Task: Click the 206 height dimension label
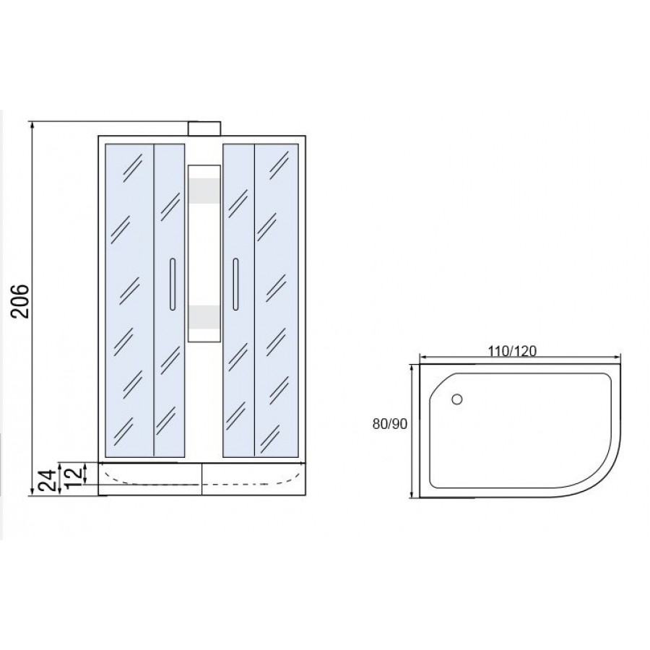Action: (x=21, y=301)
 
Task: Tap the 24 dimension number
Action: (x=48, y=480)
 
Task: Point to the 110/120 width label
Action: (x=512, y=352)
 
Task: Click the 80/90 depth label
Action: (x=390, y=424)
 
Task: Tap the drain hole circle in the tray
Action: (x=457, y=399)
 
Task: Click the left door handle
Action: (x=173, y=284)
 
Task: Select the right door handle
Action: (x=235, y=284)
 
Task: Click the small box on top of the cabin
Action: (x=204, y=129)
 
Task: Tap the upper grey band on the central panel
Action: (x=204, y=191)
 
